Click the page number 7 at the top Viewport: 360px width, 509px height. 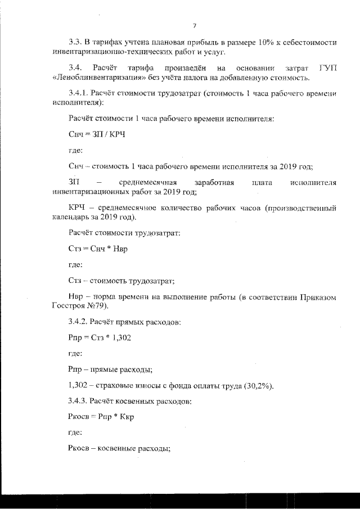tap(194, 26)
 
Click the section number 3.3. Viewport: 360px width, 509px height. tap(75, 43)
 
